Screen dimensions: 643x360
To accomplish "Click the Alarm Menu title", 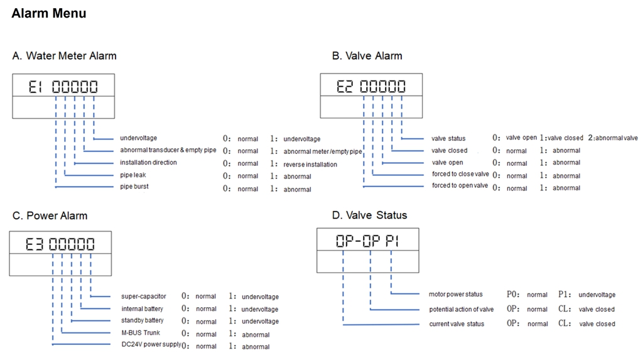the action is (x=49, y=13).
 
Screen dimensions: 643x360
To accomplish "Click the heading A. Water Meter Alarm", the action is (x=65, y=56).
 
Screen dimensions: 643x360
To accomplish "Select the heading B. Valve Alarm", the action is (x=367, y=56).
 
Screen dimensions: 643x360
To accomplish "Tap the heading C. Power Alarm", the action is (x=50, y=215).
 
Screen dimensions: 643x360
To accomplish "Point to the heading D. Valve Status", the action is (x=369, y=215).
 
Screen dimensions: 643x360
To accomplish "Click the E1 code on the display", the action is (x=35, y=87).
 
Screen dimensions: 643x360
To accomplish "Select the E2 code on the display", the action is (x=345, y=86).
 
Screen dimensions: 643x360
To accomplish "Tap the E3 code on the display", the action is (x=34, y=244).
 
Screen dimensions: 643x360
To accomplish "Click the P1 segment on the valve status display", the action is (x=392, y=241).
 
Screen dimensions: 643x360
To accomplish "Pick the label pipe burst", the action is (x=134, y=187).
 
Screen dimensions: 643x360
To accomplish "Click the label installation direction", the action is (x=148, y=163).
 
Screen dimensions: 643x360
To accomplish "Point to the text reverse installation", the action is (x=310, y=164).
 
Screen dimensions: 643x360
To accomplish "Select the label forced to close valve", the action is (x=460, y=174).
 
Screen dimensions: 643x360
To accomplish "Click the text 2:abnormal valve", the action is (x=613, y=138).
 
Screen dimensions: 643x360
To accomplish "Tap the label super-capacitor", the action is (x=144, y=297).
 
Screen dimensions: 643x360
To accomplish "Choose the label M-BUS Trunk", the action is (x=141, y=332).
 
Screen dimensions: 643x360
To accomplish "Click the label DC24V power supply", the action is (x=151, y=344).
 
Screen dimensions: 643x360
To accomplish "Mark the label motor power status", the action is (x=456, y=294).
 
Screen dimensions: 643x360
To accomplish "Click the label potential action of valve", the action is (x=462, y=310).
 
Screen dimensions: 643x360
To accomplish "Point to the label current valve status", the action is (x=457, y=324).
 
